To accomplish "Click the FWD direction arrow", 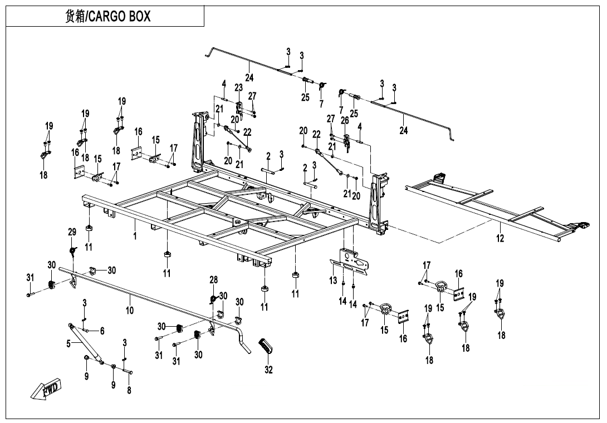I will click(47, 389).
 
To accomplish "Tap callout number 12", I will click(500, 238).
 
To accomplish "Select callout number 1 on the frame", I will click(135, 236).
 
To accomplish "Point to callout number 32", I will click(268, 370).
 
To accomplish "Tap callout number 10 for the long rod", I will click(129, 310).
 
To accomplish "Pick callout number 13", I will click(333, 280).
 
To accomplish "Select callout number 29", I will click(72, 232).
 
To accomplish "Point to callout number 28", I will click(213, 279).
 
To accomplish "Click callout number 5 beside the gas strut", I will click(69, 344).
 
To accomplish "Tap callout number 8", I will click(129, 390).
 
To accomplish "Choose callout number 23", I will click(238, 87).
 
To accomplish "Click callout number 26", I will click(345, 120).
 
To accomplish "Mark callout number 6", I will click(102, 331).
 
